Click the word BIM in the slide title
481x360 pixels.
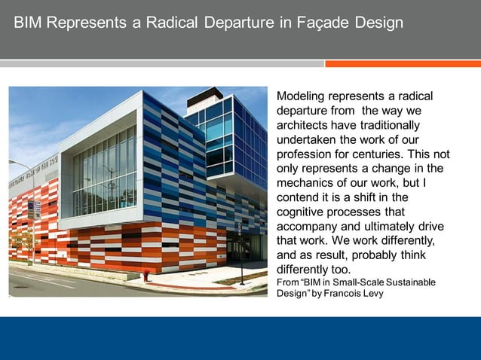pyautogui.click(x=29, y=23)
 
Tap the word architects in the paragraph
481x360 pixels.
pyautogui.click(x=305, y=125)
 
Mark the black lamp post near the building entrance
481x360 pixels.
pyautogui.click(x=240, y=252)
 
